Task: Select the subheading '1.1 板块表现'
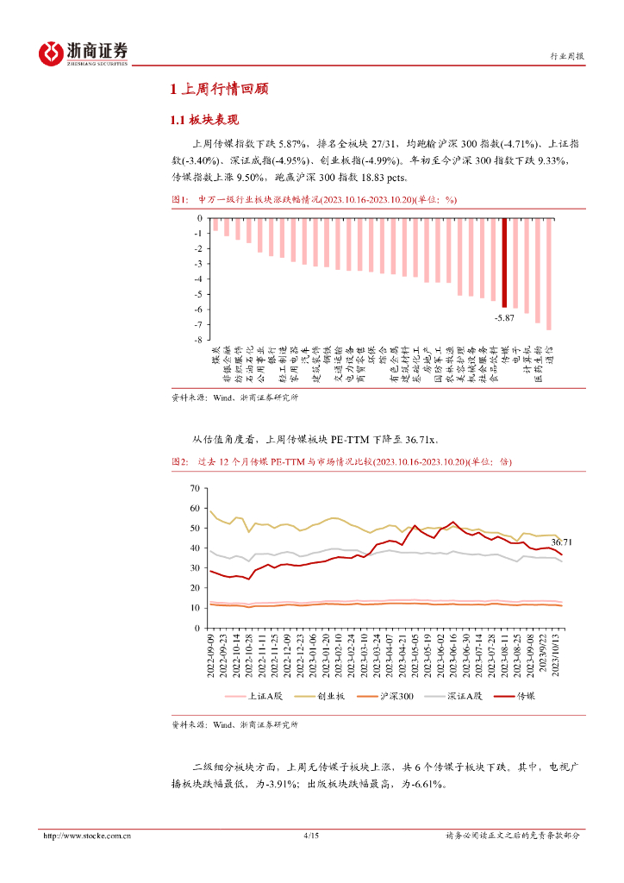click(x=203, y=120)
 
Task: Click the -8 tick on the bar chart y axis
click(x=198, y=340)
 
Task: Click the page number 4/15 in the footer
click(x=312, y=836)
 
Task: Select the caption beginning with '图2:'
click(x=341, y=462)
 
